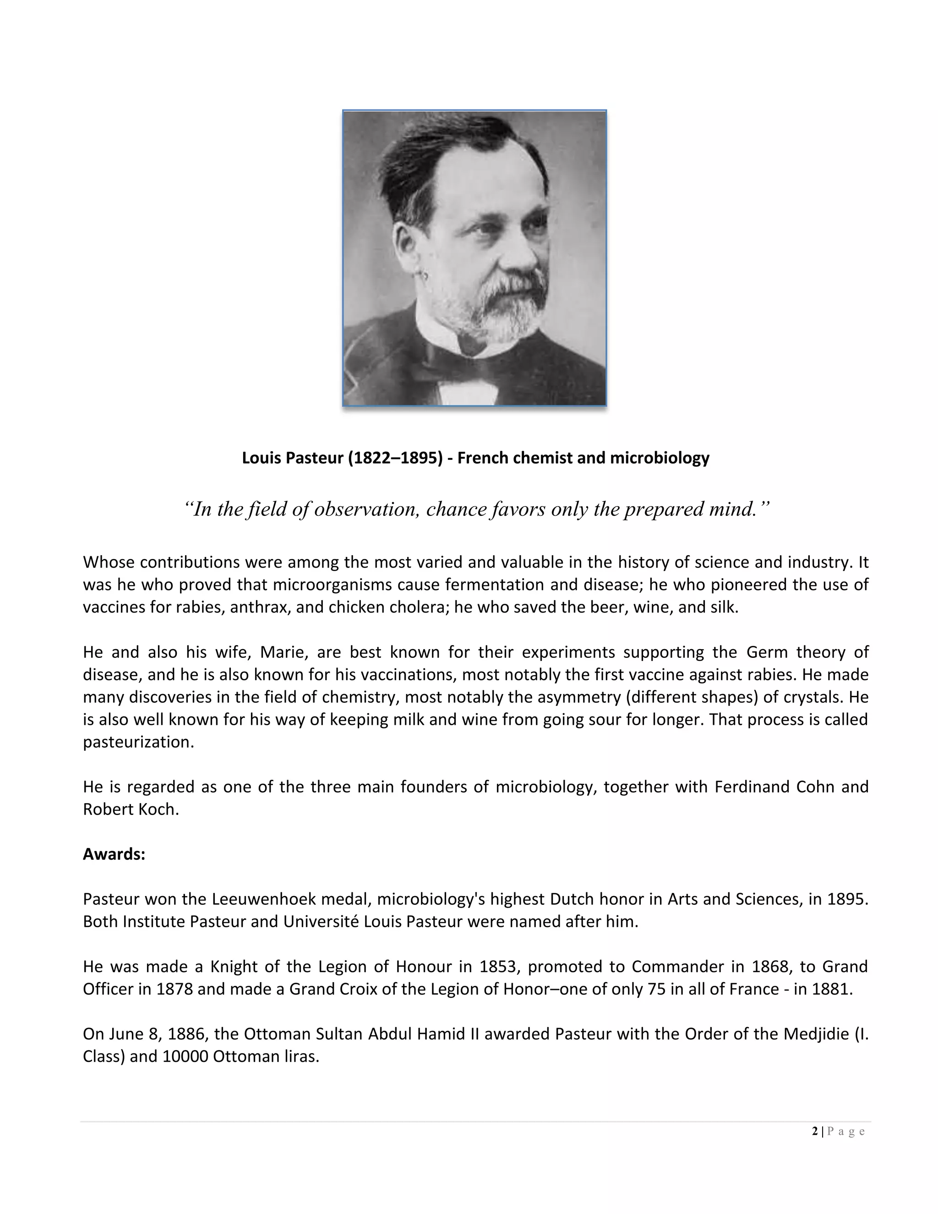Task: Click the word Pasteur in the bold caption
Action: coord(316,458)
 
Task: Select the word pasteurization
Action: coord(138,742)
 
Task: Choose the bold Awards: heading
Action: coord(114,854)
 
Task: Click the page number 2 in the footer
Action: coord(815,1131)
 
